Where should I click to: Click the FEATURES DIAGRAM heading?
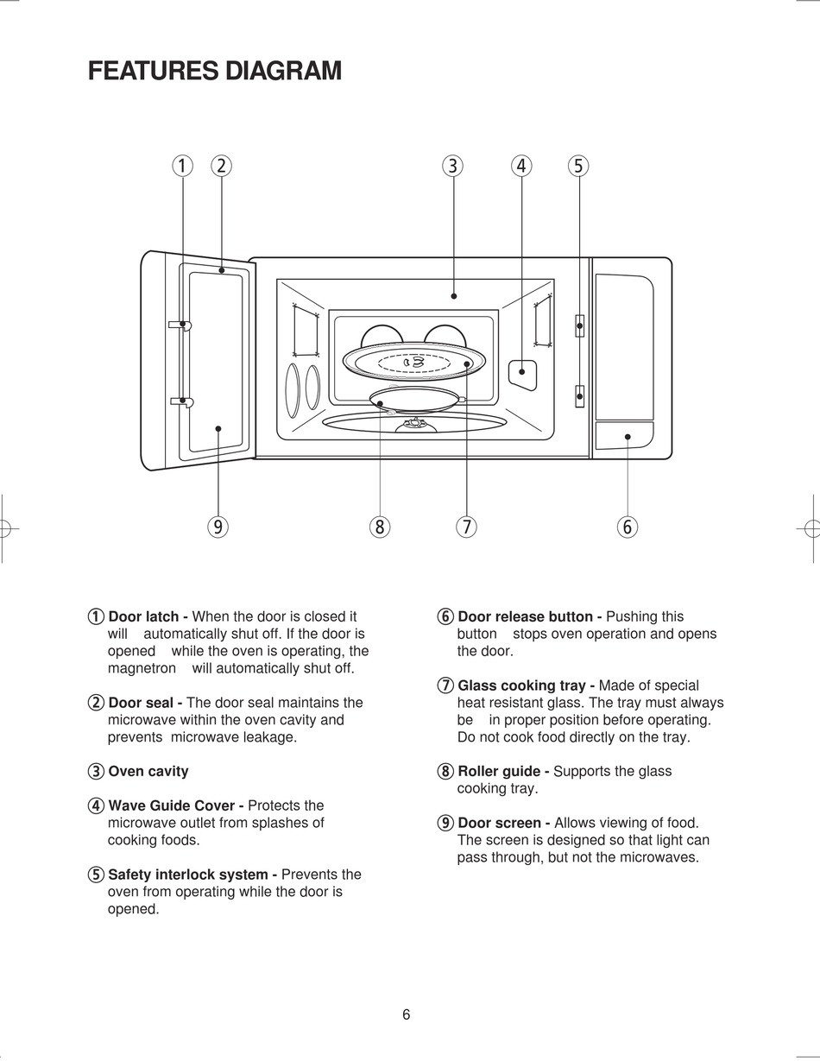tap(215, 71)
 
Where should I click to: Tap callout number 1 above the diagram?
tap(181, 166)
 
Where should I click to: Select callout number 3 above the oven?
tap(453, 166)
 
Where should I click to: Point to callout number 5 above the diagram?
tap(578, 166)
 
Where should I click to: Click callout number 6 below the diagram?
tap(628, 527)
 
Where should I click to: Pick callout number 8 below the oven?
tap(380, 527)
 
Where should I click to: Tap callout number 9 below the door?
tap(218, 527)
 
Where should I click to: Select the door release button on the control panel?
tap(624, 436)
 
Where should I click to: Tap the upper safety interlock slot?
tap(580, 325)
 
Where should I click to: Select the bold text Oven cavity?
tap(148, 772)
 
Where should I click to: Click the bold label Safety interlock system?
tap(192, 875)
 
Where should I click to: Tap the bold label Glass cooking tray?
tap(525, 685)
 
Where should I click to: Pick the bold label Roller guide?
tap(502, 772)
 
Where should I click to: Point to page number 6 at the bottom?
tap(407, 1015)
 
